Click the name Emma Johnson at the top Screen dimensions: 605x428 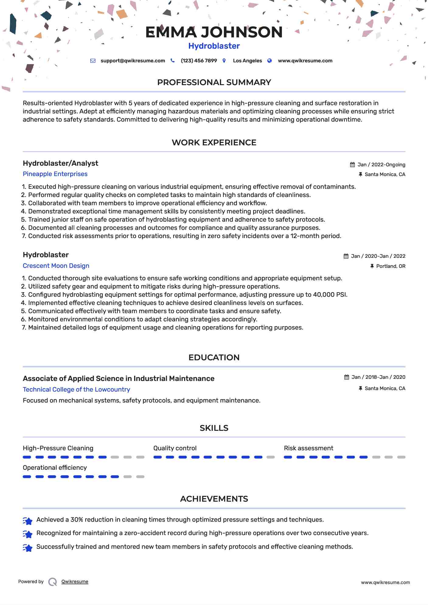214,32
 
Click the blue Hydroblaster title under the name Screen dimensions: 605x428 214,46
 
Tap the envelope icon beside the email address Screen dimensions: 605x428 93,61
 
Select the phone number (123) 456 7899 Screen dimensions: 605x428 199,61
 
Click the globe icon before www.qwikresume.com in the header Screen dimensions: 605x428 270,61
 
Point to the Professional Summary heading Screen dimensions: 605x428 214,82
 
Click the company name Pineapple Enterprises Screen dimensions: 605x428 55,174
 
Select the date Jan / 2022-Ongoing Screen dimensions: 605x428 381,165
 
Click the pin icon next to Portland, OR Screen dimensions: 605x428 372,266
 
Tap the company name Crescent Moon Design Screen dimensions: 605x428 56,266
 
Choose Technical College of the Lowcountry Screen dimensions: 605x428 76,389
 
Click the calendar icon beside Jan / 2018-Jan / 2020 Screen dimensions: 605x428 346,377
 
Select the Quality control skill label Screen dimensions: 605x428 175,448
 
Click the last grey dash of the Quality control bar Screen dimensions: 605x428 270,457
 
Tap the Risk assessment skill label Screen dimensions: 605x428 308,448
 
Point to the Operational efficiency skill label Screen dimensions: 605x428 55,468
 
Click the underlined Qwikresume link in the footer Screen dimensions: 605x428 75,582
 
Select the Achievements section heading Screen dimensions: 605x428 214,499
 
